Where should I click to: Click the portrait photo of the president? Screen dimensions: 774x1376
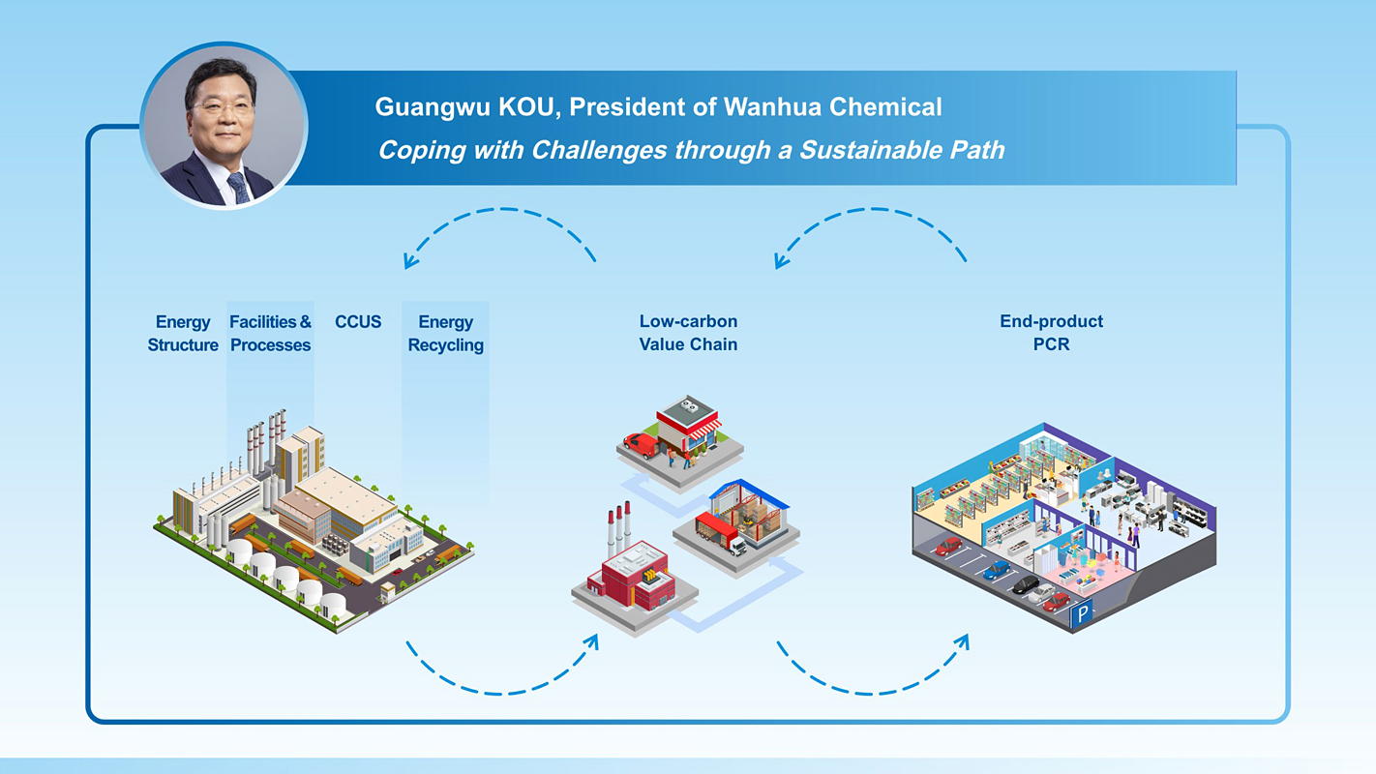pyautogui.click(x=224, y=126)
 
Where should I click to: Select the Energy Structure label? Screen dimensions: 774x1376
pyautogui.click(x=183, y=333)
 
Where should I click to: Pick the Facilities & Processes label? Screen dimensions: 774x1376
pyautogui.click(x=270, y=333)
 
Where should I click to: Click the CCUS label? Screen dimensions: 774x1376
pyautogui.click(x=358, y=322)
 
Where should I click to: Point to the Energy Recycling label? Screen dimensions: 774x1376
pyautogui.click(x=445, y=333)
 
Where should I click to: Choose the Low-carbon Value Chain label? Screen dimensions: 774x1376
pyautogui.click(x=688, y=333)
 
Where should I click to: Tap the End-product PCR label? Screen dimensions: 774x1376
pyautogui.click(x=1051, y=333)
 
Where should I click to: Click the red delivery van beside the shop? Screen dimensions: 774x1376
pyautogui.click(x=641, y=444)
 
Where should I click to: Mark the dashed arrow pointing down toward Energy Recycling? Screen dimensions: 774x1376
pyautogui.click(x=498, y=227)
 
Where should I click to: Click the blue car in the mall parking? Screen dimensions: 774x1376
pyautogui.click(x=996, y=570)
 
